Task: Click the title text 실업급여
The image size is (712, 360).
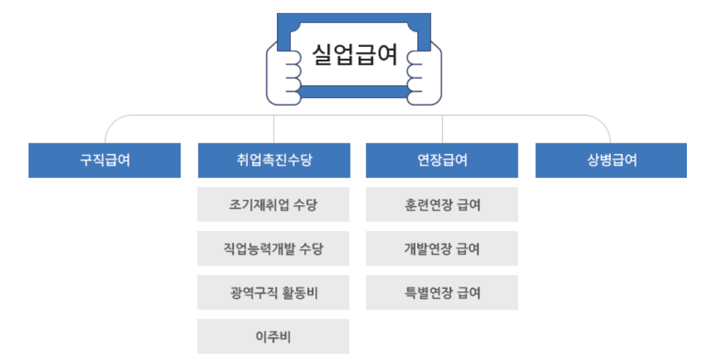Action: click(355, 54)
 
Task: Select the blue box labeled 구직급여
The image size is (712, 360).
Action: click(105, 160)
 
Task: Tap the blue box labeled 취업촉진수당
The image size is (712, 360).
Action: click(274, 160)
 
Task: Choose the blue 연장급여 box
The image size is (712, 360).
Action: click(442, 160)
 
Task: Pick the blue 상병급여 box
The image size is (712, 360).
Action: click(611, 160)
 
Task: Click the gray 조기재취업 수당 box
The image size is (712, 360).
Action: click(274, 204)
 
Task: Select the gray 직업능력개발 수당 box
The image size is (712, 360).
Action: click(274, 249)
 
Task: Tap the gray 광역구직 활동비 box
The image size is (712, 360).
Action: click(274, 293)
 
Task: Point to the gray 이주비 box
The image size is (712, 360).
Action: click(274, 336)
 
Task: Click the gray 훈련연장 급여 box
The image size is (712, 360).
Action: click(442, 204)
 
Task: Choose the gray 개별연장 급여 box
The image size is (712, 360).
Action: click(442, 249)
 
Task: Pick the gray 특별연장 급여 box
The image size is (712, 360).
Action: click(442, 293)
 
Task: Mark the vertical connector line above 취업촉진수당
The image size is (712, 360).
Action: click(274, 129)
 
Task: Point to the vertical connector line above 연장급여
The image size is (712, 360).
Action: click(442, 129)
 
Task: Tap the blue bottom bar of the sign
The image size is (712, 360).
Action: click(354, 92)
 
